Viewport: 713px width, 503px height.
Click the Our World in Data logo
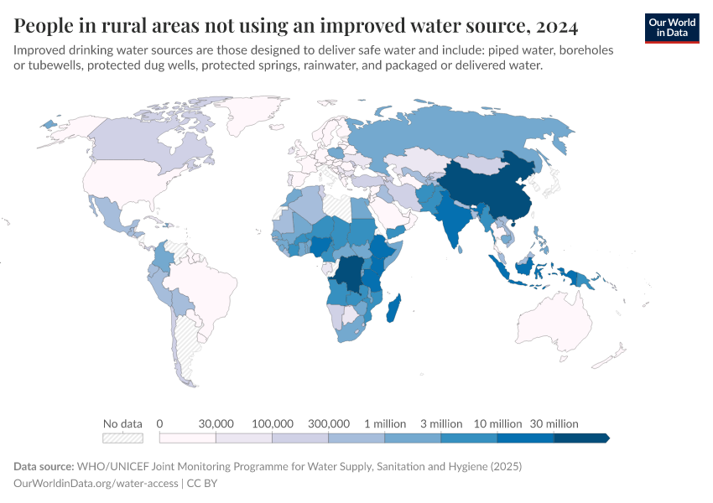671,28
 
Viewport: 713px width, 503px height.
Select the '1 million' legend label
385,423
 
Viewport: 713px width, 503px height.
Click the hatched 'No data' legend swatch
122,438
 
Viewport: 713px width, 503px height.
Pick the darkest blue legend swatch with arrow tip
580,438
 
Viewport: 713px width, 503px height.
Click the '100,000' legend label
273,423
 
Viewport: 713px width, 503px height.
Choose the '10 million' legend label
497,423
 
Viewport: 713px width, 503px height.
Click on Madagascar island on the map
393,308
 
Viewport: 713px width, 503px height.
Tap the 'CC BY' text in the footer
201,484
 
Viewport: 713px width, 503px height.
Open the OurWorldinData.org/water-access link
96,484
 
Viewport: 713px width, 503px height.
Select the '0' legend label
159,423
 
